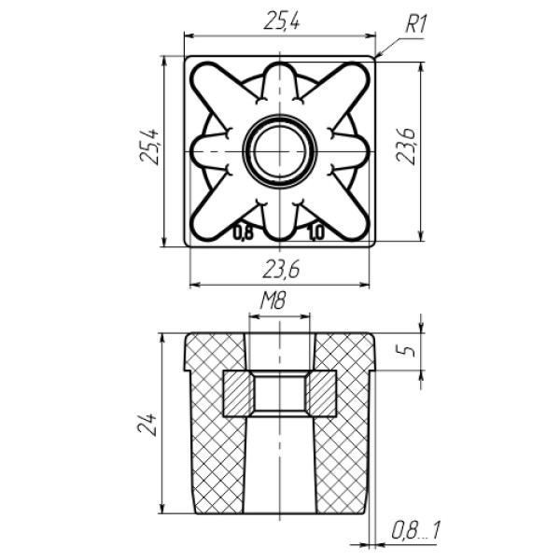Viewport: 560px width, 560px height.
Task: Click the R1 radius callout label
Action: tap(415, 25)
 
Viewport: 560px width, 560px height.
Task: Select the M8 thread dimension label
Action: tap(273, 301)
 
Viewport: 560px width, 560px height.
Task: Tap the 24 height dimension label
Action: tap(147, 424)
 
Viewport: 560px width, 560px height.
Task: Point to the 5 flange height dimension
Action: tap(411, 350)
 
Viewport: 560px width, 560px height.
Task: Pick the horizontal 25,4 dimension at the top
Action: tap(282, 21)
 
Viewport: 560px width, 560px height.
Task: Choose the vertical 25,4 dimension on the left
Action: tap(149, 146)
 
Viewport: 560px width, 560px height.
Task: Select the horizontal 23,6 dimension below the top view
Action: tap(281, 270)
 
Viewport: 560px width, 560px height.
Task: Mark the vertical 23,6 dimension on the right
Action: tap(407, 146)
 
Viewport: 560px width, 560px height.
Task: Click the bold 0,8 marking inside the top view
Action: tap(244, 233)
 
